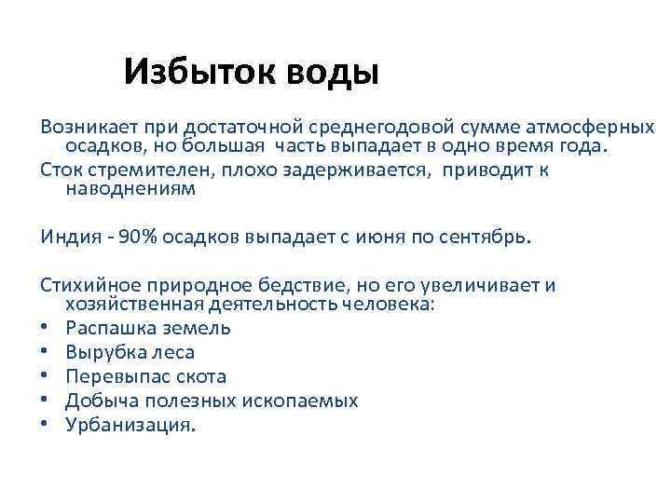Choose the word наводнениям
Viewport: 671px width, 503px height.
[x=130, y=189]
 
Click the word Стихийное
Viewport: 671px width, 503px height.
[x=86, y=286]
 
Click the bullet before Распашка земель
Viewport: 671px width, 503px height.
[x=45, y=329]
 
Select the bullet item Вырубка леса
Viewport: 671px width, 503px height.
[x=130, y=352]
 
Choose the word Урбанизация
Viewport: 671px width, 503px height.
[x=130, y=424]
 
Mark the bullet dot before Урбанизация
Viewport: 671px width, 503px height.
[x=45, y=425]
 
